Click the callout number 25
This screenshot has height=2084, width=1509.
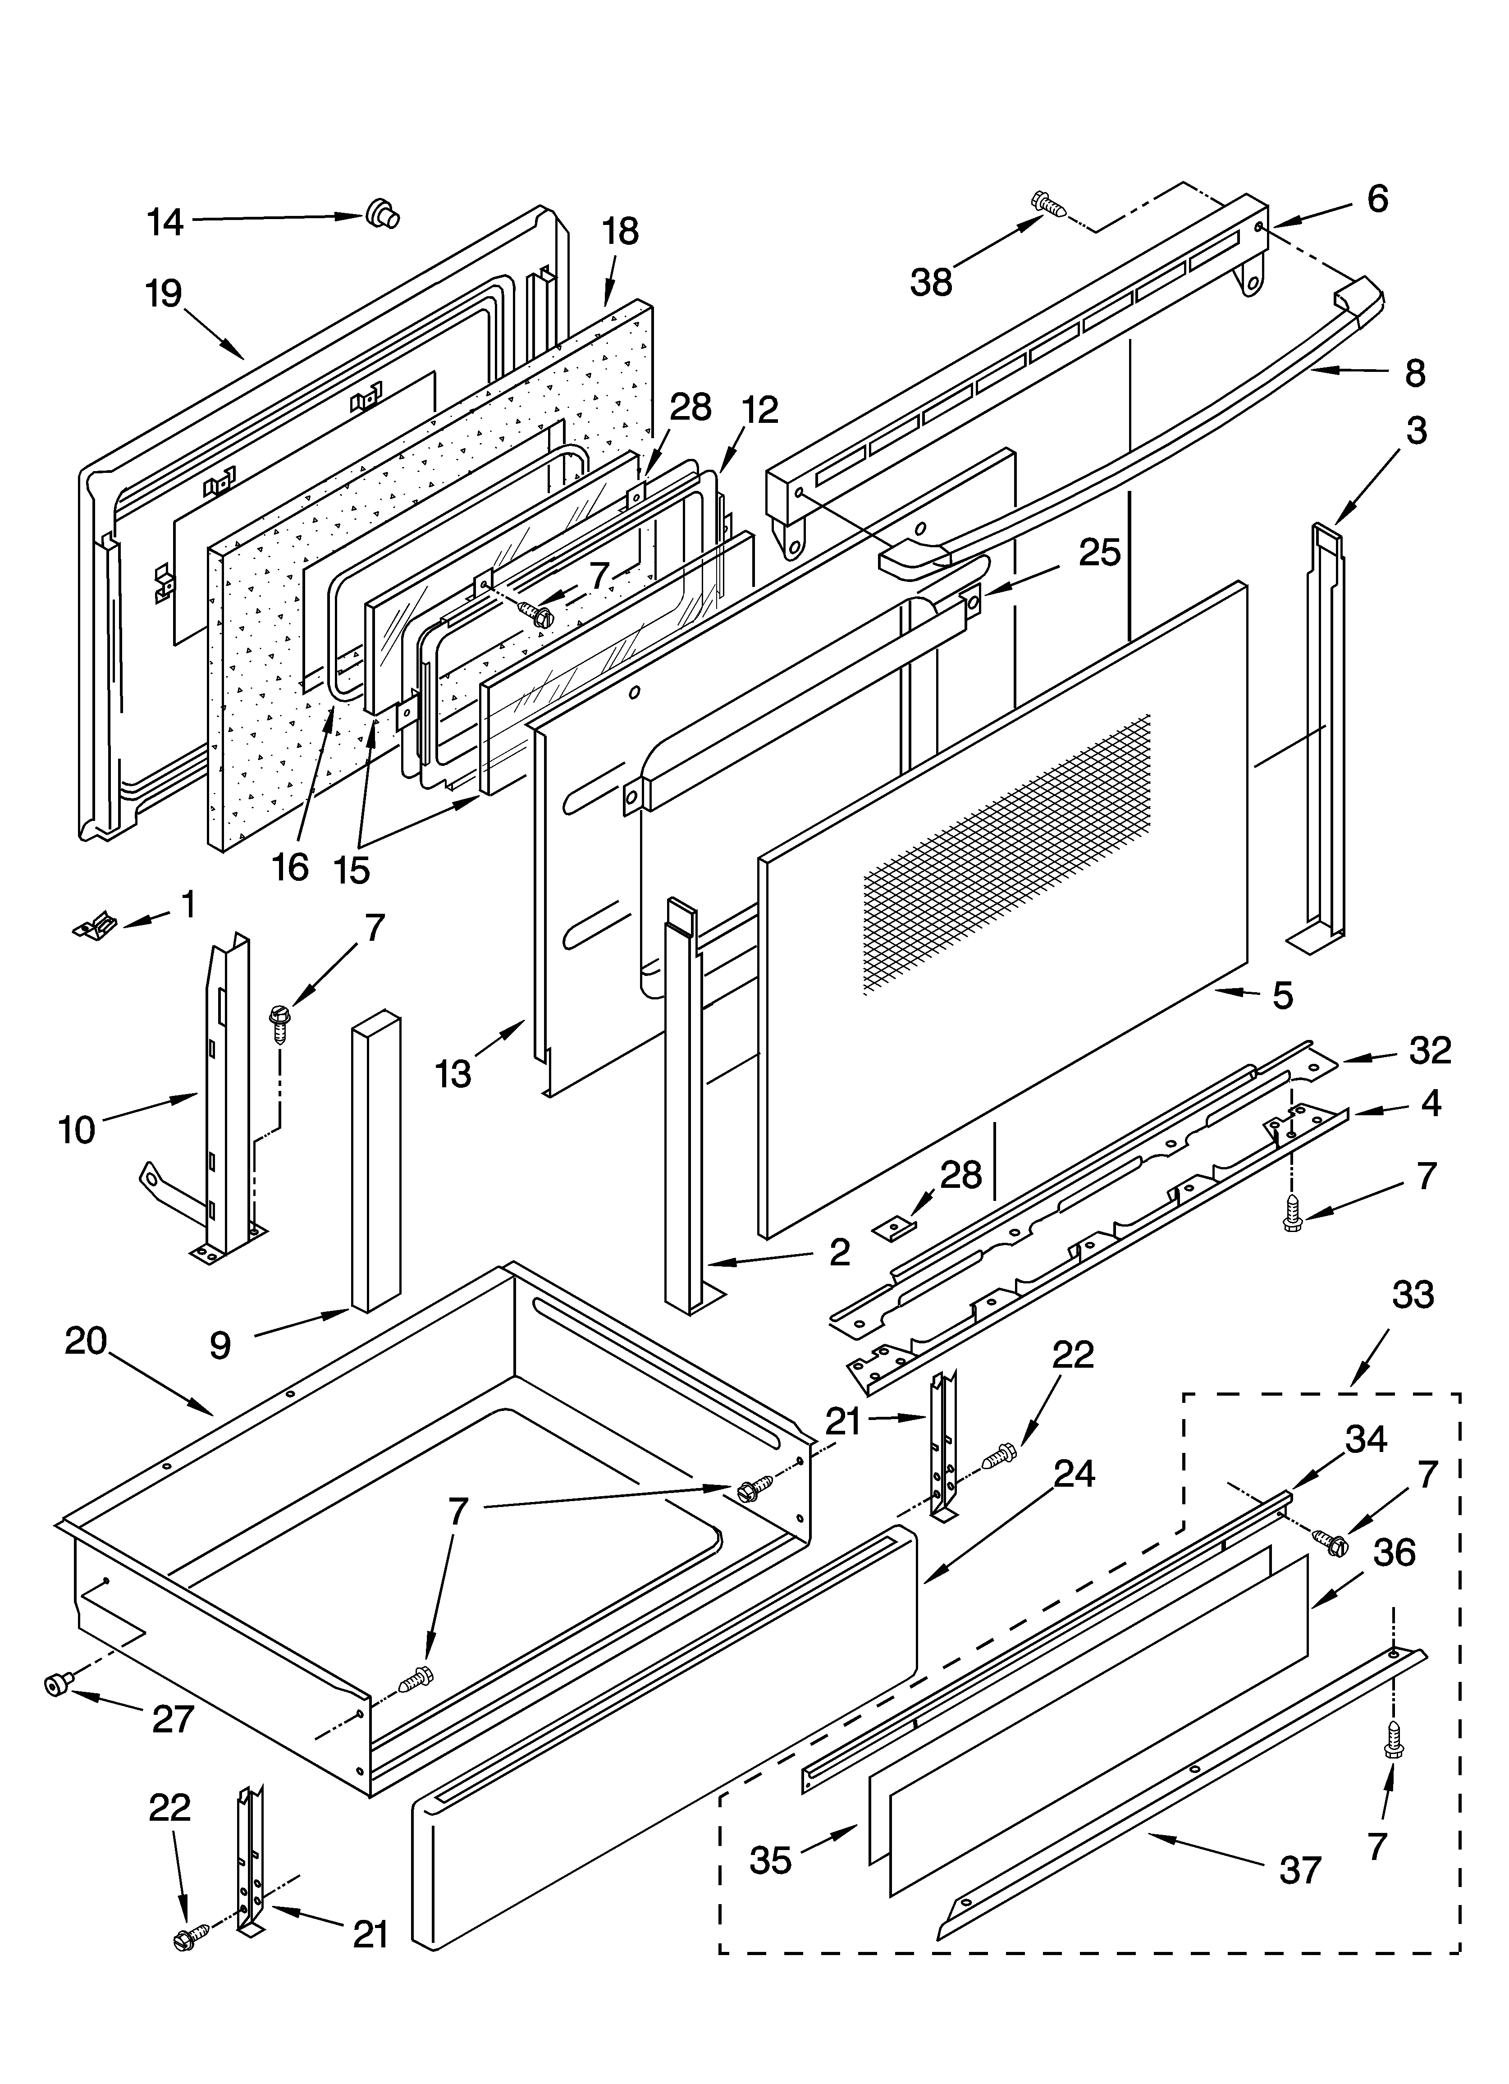pyautogui.click(x=1099, y=553)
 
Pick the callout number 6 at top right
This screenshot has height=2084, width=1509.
pyautogui.click(x=1377, y=198)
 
